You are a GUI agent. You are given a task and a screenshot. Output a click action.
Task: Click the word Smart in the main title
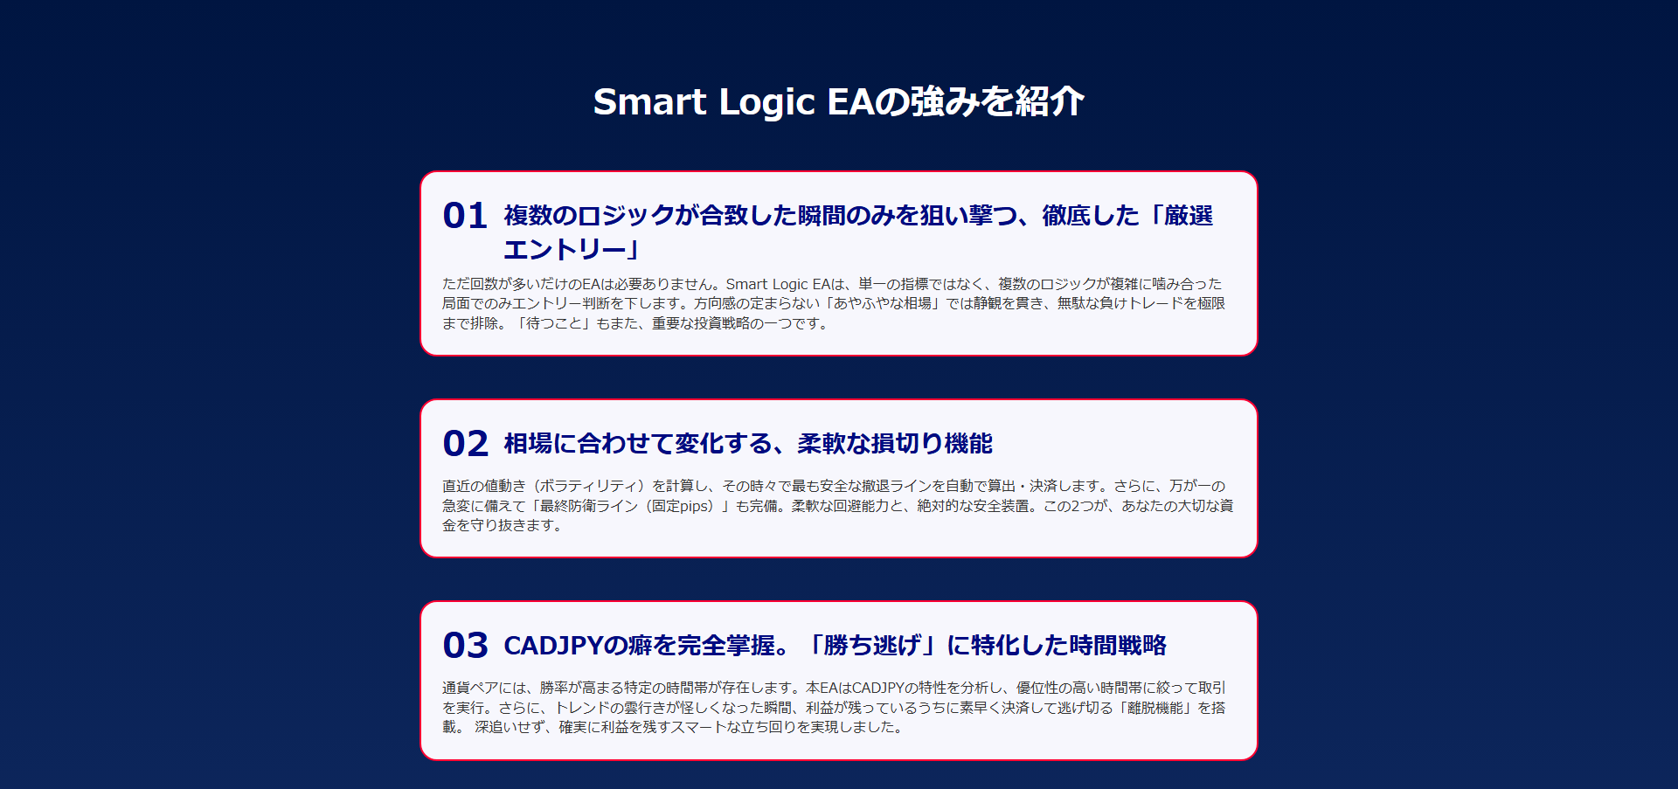649,101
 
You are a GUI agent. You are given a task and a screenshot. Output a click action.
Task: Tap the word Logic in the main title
767,103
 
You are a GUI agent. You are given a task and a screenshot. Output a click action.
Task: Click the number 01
464,216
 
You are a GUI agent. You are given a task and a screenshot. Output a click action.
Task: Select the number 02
465,444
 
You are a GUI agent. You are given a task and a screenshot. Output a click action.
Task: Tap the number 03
465,646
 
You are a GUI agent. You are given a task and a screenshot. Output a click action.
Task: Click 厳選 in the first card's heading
1189,216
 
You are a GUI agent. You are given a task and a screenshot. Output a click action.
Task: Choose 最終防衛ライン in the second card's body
589,506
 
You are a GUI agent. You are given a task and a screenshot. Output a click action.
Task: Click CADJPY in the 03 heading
553,646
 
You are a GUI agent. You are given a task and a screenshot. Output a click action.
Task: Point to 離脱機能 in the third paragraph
1155,708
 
